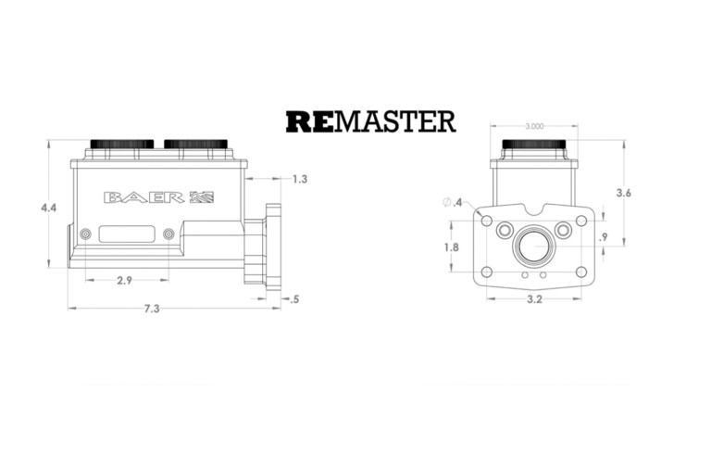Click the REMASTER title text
pyautogui.click(x=370, y=121)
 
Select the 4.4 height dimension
pyautogui.click(x=48, y=208)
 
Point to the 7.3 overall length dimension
pyautogui.click(x=152, y=309)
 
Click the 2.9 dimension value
pyautogui.click(x=124, y=281)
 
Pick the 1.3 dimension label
pyautogui.click(x=300, y=179)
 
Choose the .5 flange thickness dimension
pyautogui.click(x=294, y=299)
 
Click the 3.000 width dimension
pyautogui.click(x=534, y=126)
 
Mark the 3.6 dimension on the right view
pyautogui.click(x=623, y=193)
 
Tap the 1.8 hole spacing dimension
pyautogui.click(x=451, y=247)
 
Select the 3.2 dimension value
pyautogui.click(x=535, y=299)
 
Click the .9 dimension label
pyautogui.click(x=603, y=237)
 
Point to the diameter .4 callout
pyautogui.click(x=453, y=202)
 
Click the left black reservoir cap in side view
pyautogui.click(x=122, y=144)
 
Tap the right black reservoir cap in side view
pyautogui.click(x=195, y=144)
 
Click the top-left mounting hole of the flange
pyautogui.click(x=487, y=221)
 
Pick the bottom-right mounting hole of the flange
pyautogui.click(x=581, y=272)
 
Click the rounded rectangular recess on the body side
pyautogui.click(x=125, y=234)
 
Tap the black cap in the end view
pyautogui.click(x=534, y=144)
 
